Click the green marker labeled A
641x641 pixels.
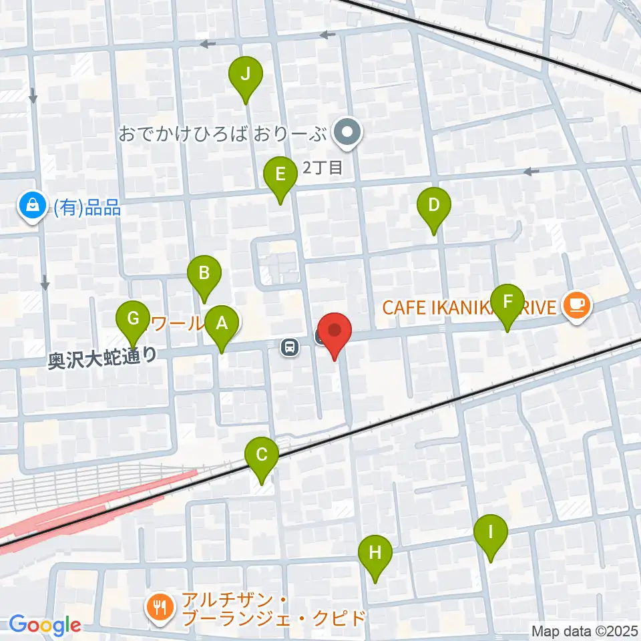pos(221,325)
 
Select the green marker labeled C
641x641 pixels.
pos(262,457)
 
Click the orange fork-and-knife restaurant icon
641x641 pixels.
pos(160,607)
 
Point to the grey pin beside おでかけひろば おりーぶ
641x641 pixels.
pos(348,134)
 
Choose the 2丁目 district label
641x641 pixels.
pos(323,168)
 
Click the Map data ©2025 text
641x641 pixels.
pos(584,631)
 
